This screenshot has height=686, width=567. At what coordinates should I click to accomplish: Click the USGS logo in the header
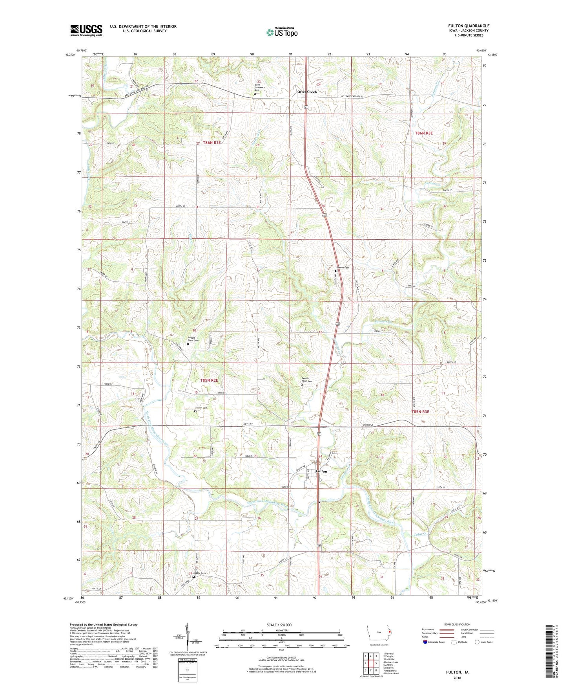pyautogui.click(x=86, y=30)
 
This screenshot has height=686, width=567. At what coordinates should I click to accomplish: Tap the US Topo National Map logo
pyautogui.click(x=282, y=32)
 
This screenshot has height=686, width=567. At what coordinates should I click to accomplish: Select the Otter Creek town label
pyautogui.click(x=307, y=92)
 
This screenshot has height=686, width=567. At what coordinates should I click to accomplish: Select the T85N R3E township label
pyautogui.click(x=420, y=411)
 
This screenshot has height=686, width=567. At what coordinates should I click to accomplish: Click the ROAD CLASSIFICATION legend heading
pyautogui.click(x=458, y=624)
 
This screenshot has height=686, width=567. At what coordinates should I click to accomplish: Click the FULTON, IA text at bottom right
pyautogui.click(x=457, y=672)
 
